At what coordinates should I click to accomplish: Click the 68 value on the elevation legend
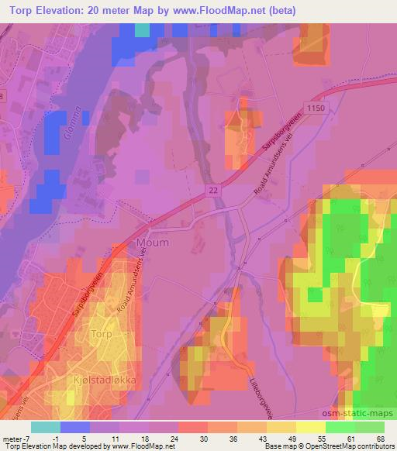click(380, 439)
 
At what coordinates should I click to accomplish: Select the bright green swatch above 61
click(340, 427)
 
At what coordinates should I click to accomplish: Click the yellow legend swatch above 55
click(310, 427)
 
